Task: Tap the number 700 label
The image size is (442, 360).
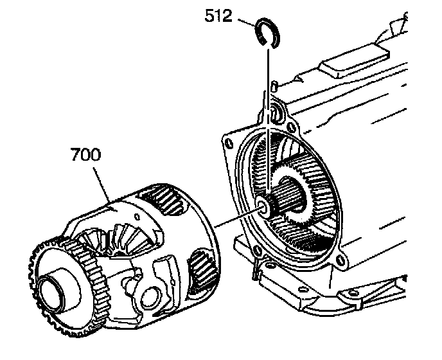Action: (x=85, y=156)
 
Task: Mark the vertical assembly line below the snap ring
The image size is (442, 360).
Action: (x=264, y=116)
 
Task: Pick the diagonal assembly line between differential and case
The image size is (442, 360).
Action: (x=234, y=218)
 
